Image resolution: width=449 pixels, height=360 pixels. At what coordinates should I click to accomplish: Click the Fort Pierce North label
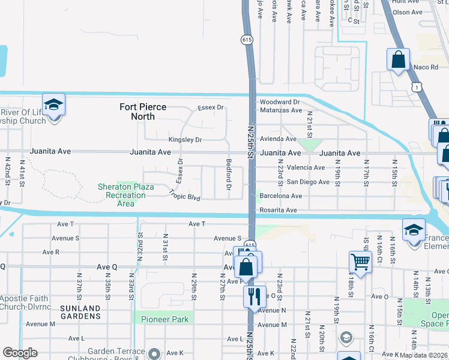pyautogui.click(x=142, y=112)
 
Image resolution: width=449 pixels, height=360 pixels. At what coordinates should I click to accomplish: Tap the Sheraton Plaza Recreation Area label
pyautogui.click(x=125, y=195)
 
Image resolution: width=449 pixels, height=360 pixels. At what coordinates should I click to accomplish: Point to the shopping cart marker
pyautogui.click(x=360, y=261)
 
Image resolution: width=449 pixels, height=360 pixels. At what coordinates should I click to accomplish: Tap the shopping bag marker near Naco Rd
pyautogui.click(x=398, y=59)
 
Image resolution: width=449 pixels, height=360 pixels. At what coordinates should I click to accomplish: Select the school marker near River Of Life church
pyautogui.click(x=53, y=105)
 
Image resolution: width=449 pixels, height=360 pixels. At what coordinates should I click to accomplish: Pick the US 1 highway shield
pyautogui.click(x=416, y=88)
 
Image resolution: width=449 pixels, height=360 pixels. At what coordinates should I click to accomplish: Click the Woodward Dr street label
pyautogui.click(x=279, y=103)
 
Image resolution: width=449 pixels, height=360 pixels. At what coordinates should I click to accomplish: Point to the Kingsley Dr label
pyautogui.click(x=185, y=140)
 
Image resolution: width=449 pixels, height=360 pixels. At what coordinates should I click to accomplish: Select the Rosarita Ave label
pyautogui.click(x=278, y=210)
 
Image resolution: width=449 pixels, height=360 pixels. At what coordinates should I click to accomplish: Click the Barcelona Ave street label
pyautogui.click(x=280, y=196)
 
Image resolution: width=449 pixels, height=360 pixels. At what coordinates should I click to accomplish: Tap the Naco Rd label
pyautogui.click(x=426, y=67)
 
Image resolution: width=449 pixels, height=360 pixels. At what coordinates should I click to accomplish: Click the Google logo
pyautogui.click(x=20, y=353)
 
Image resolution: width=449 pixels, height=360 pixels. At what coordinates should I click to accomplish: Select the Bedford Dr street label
pyautogui.click(x=229, y=175)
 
